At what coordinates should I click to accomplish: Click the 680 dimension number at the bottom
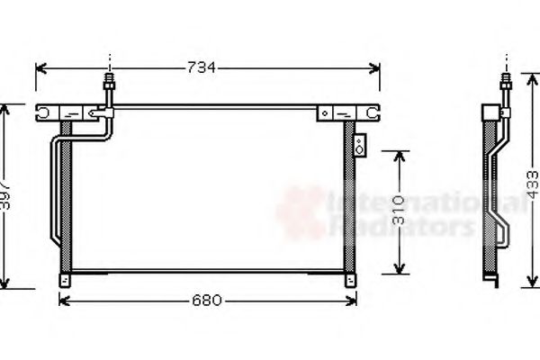coord(206,301)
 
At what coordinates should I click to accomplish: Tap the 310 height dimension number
coord(398,212)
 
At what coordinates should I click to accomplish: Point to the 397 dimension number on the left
coord(5,194)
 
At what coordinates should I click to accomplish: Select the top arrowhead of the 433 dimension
coord(530,106)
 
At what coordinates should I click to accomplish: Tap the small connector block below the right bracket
coord(360,144)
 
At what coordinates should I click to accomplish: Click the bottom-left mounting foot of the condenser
coord(65,279)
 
